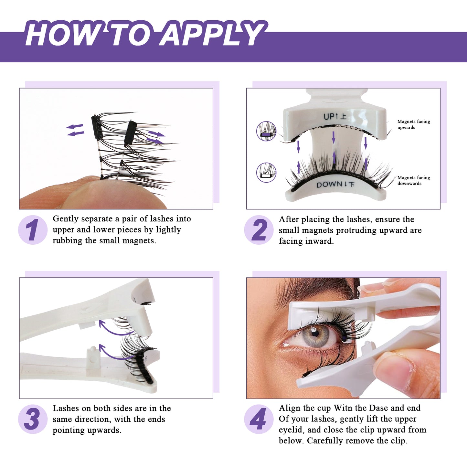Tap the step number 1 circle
tap(33, 230)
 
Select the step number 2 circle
tap(259, 230)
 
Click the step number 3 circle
tap(33, 419)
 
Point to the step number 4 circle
tap(259, 419)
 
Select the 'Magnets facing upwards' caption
tap(413, 124)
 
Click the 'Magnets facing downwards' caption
tap(413, 180)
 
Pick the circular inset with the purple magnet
tap(266, 131)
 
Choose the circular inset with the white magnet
tap(266, 173)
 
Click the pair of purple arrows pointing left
tap(75, 130)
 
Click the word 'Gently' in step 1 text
tap(66, 219)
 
